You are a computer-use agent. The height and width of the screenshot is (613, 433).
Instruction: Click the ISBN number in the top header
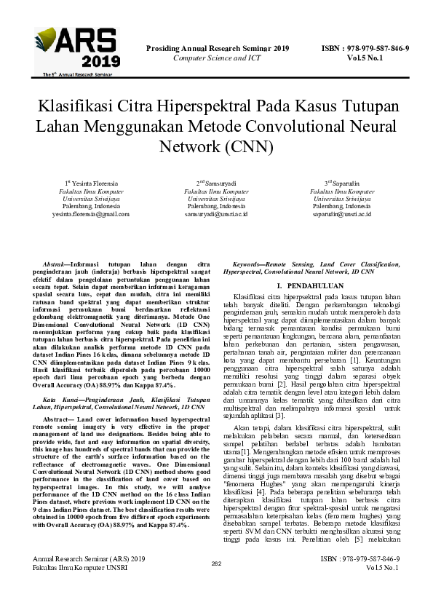click(x=365, y=49)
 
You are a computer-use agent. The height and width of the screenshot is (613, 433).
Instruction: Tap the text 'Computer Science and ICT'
click(x=218, y=58)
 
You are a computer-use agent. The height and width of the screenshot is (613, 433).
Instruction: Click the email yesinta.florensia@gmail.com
click(x=90, y=215)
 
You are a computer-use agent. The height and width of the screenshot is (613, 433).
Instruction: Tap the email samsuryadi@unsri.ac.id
click(x=216, y=215)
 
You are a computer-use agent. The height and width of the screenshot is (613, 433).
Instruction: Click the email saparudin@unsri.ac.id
click(x=342, y=215)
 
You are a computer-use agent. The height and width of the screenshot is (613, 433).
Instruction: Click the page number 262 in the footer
click(x=216, y=584)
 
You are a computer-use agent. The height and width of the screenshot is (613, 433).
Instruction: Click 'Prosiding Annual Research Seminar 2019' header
click(x=218, y=49)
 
